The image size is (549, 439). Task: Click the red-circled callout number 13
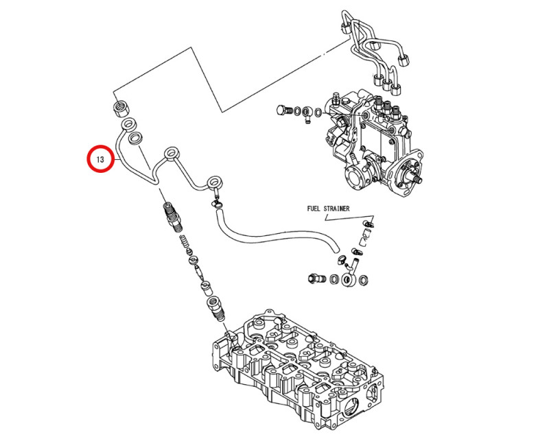(100, 160)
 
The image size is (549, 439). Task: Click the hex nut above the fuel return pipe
(121, 108)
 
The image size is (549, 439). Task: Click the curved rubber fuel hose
(274, 237)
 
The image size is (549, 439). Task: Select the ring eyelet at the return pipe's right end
(215, 182)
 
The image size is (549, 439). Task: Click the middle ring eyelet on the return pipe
(170, 153)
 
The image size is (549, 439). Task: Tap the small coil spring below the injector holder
(184, 242)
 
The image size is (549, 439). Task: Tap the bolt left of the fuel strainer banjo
(316, 278)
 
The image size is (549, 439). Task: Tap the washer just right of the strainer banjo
(364, 278)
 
